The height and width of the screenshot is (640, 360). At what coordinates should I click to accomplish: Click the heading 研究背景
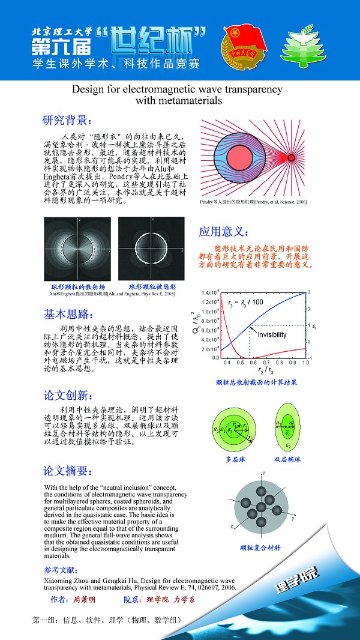66,119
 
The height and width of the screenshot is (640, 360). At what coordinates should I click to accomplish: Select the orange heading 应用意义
222,232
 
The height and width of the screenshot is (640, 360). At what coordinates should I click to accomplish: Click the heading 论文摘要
67,469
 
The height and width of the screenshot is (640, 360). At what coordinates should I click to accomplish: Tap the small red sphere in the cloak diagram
292,158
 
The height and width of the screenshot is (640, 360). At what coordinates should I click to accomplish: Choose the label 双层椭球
287,459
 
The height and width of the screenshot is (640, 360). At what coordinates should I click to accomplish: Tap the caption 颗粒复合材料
260,548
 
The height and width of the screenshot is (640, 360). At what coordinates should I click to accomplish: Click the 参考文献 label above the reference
61,570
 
